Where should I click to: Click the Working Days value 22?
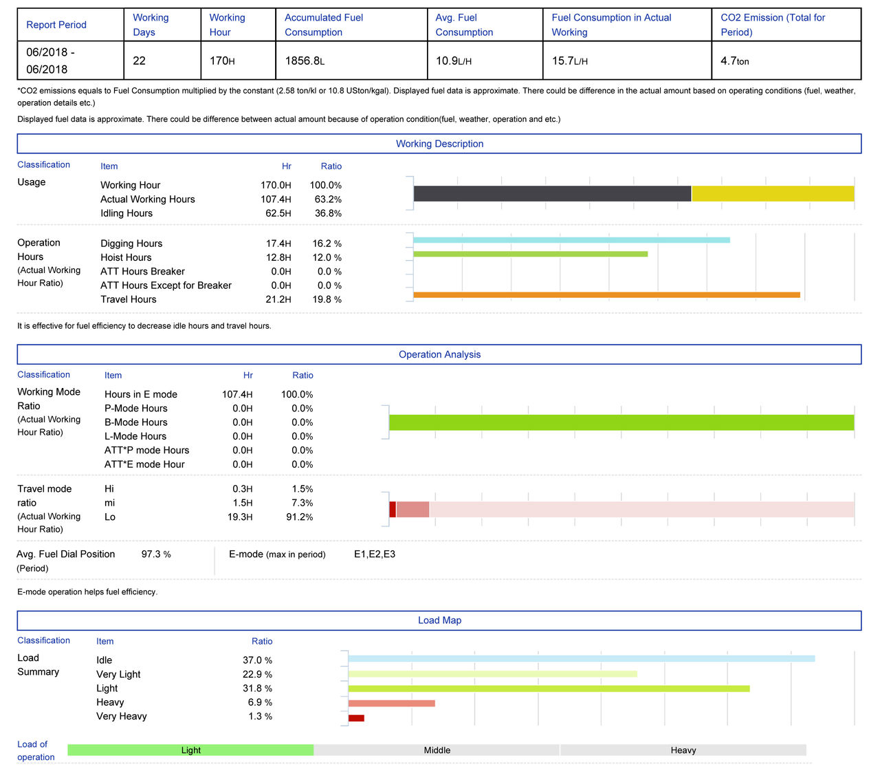click(139, 61)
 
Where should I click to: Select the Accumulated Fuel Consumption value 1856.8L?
click(305, 61)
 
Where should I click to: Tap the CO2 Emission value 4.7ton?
click(734, 61)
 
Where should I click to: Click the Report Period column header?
click(56, 25)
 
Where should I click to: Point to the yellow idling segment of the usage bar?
click(773, 193)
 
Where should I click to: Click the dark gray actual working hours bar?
click(552, 193)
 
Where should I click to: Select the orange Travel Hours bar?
click(606, 295)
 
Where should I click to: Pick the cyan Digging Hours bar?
click(571, 240)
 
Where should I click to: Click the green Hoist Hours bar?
click(530, 254)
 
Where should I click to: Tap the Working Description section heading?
click(439, 144)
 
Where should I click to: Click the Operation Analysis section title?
click(439, 354)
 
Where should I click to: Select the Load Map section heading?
click(439, 620)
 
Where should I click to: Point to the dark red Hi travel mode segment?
click(393, 509)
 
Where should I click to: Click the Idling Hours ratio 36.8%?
click(328, 213)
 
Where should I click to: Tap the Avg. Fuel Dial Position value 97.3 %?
click(156, 554)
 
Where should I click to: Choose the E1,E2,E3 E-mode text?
click(375, 554)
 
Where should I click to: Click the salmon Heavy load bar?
click(391, 703)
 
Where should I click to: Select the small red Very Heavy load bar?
click(356, 718)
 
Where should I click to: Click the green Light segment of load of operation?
click(190, 750)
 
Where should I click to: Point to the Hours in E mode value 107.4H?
click(237, 394)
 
